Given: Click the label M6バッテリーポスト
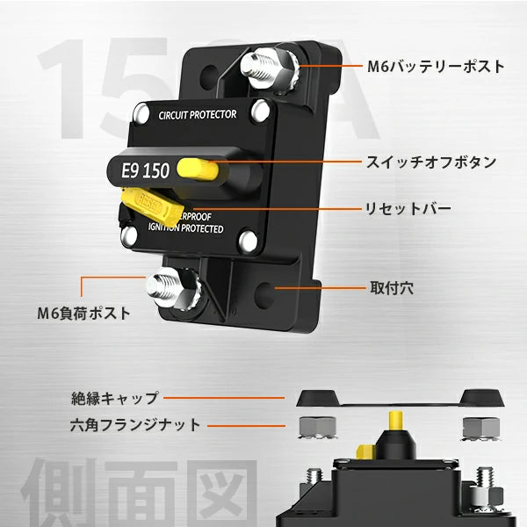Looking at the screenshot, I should tap(435, 66).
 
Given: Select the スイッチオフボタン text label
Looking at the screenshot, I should tap(431, 162).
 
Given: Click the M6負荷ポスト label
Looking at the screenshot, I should tap(83, 312).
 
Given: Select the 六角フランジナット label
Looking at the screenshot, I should tap(135, 425).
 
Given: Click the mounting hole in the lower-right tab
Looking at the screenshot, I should tap(278, 287).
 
